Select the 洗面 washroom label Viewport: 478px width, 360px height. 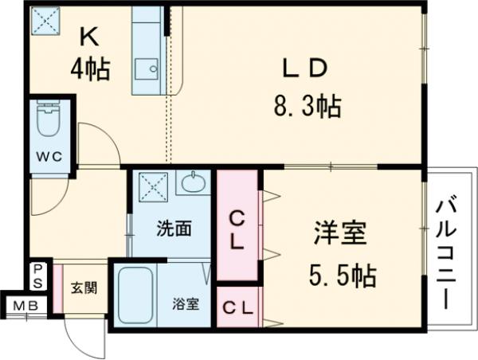click(173, 229)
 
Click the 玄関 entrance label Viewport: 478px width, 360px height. click(80, 287)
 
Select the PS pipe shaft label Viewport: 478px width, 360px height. click(38, 276)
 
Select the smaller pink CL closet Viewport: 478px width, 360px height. click(237, 306)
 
